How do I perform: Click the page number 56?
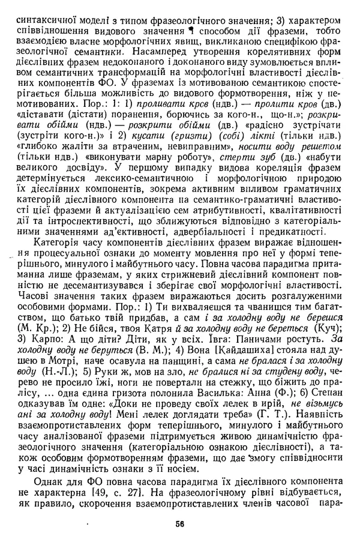(x=179, y=523)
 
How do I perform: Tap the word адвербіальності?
(x=205, y=208)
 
